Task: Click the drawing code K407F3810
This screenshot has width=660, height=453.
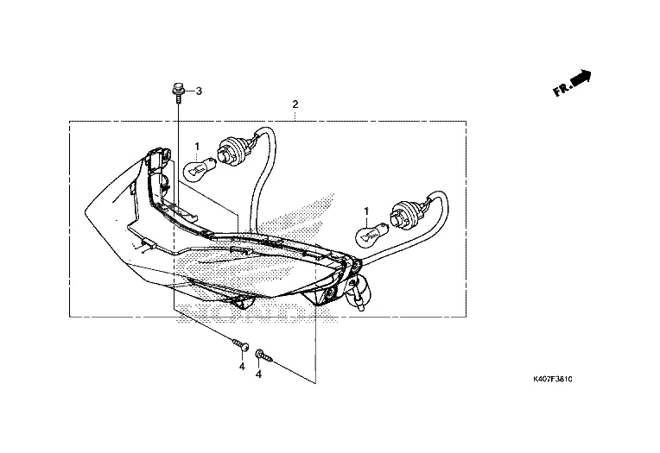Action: click(552, 380)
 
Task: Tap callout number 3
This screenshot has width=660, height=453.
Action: click(199, 91)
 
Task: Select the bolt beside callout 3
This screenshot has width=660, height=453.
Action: click(178, 93)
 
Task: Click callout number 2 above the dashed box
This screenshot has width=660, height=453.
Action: click(295, 104)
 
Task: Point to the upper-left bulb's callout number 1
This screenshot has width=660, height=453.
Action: click(197, 147)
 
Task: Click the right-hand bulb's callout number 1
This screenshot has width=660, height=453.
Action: click(366, 211)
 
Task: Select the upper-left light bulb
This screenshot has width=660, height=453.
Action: click(200, 167)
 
